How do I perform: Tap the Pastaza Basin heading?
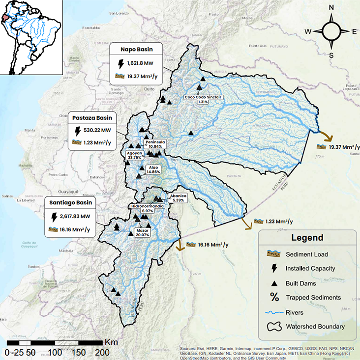[x=94, y=118]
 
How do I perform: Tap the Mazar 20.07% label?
[x=142, y=232]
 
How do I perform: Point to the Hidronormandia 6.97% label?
[x=148, y=208]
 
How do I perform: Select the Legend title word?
[x=307, y=238]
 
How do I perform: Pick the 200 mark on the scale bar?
[x=101, y=352]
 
